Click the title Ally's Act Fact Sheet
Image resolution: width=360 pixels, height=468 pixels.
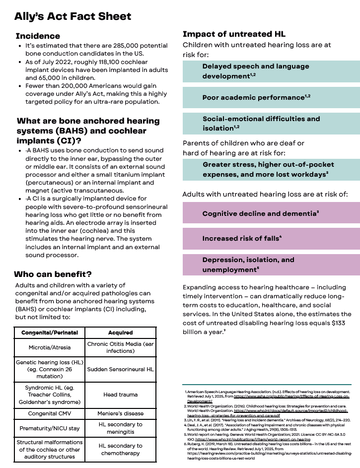point(72,16)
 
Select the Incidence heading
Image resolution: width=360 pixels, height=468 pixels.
point(38,36)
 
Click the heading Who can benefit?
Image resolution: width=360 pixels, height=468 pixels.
point(53,274)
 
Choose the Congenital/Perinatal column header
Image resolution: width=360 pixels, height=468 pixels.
point(49,332)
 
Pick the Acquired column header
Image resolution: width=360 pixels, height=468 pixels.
point(121,332)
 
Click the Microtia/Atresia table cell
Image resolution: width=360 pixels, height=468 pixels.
point(49,347)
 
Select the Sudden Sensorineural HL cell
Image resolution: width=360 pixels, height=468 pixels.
point(121,369)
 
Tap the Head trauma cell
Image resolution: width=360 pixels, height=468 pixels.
point(121,395)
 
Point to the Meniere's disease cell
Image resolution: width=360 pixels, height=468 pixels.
point(121,413)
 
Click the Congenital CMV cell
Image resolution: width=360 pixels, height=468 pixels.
point(49,413)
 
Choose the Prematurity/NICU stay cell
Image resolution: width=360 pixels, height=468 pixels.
point(49,428)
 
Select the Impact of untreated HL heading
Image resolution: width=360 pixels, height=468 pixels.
point(234,34)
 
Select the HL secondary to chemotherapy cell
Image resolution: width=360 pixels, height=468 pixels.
point(121,450)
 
